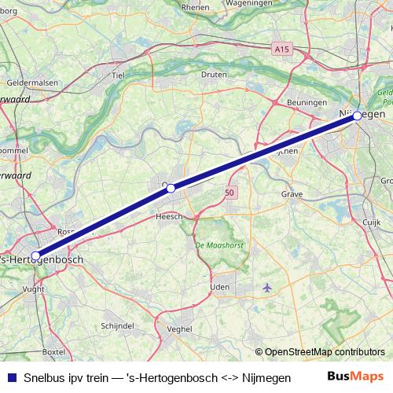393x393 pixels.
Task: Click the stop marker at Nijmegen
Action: coord(357,116)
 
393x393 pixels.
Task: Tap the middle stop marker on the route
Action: coord(171,188)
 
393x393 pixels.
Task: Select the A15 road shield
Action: coord(282,50)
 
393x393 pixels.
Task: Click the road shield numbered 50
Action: coord(229,192)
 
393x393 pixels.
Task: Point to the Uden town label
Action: coord(220,287)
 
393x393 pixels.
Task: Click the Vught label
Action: coord(34,289)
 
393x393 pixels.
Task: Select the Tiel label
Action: coord(119,75)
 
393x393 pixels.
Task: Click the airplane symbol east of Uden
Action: coord(267,286)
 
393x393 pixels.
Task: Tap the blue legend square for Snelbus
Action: coord(10,376)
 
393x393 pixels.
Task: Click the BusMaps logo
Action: coord(356,376)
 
